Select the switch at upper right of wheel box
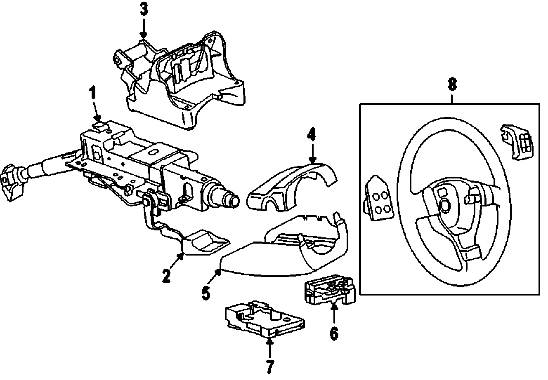pyautogui.click(x=515, y=140)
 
